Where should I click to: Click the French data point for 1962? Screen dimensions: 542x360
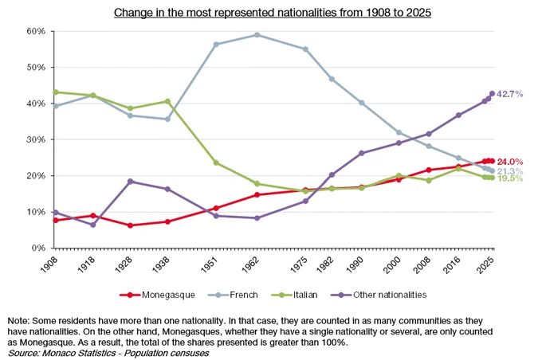pos(257,35)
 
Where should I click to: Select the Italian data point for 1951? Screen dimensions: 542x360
pos(216,162)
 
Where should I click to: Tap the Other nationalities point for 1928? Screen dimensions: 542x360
pos(130,182)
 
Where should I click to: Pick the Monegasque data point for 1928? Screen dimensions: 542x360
pos(130,225)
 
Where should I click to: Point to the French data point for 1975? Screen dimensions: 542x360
pos(305,49)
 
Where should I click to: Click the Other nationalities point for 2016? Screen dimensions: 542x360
pos(458,115)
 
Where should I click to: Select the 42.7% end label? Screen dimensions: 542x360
pos(509,94)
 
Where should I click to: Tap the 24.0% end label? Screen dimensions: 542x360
pos(509,162)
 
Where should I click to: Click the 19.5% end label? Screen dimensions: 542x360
pos(509,178)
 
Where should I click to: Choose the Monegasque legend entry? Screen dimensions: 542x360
pos(157,295)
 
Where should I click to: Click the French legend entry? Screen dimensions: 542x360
pos(233,295)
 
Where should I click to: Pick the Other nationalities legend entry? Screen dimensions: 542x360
pos(379,295)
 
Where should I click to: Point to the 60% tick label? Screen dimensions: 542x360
pos(36,31)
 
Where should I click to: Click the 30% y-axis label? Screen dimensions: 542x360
pos(36,139)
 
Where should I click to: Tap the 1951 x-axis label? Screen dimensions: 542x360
pos(210,265)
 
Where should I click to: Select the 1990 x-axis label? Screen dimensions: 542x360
pos(355,265)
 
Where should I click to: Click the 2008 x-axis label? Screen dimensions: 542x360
pos(422,265)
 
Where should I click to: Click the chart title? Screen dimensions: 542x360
pos(273,13)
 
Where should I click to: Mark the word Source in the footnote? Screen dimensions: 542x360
pos(23,353)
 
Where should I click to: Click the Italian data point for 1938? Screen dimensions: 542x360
pos(167,101)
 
